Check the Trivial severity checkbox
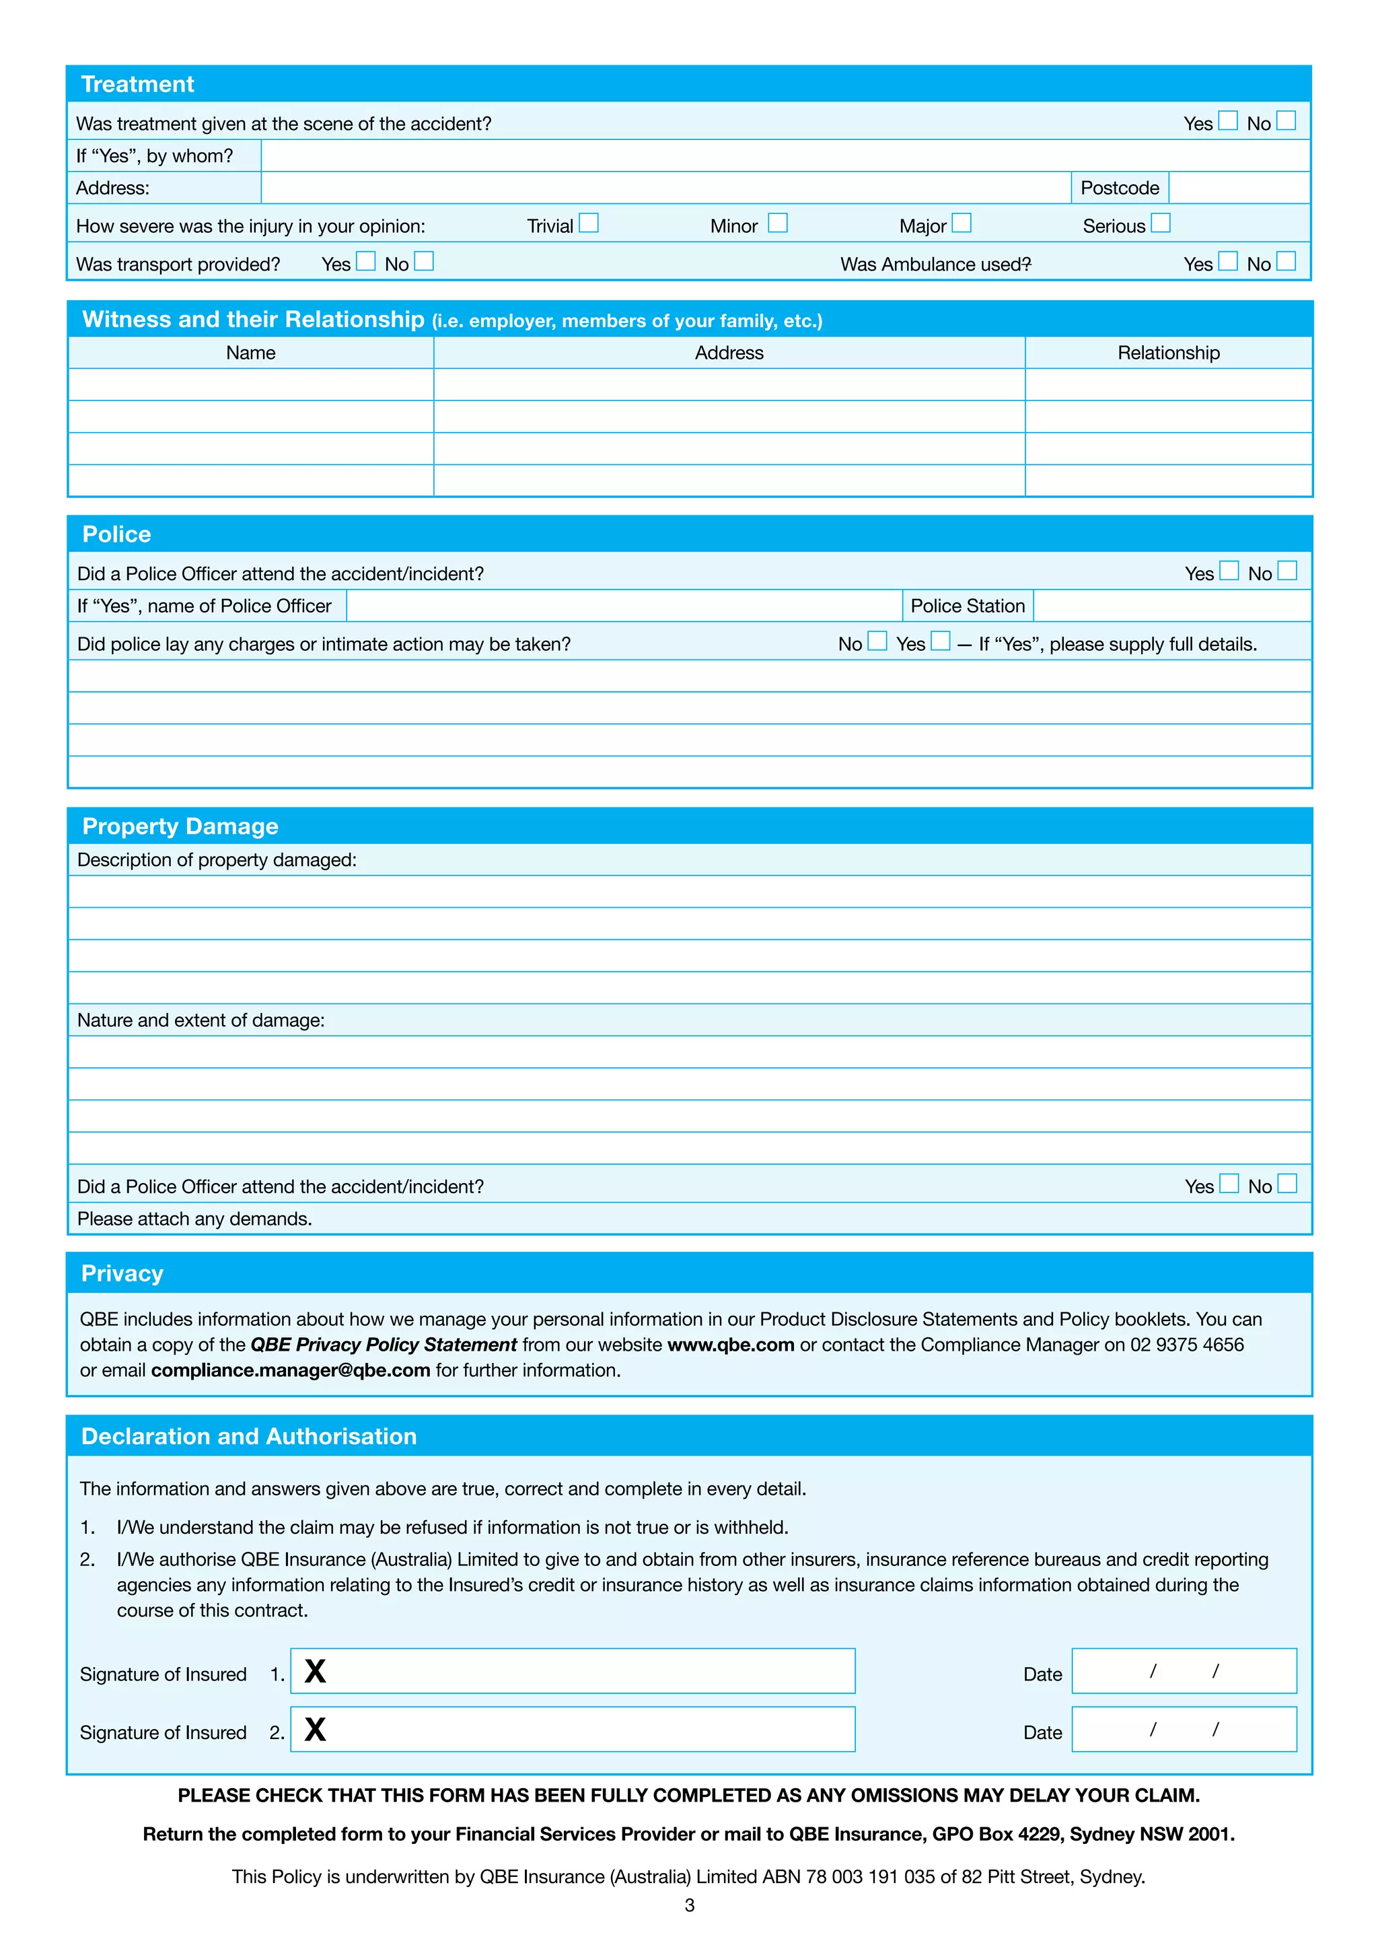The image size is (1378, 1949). [589, 223]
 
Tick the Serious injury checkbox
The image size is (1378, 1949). [1161, 223]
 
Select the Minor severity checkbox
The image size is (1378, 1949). [778, 223]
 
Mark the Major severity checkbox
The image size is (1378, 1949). [962, 223]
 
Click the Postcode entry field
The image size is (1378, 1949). [1239, 188]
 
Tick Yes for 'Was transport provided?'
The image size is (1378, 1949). [366, 261]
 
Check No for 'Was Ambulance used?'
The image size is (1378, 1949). [1286, 261]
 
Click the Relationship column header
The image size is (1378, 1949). [1169, 353]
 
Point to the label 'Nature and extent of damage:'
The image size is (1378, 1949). [201, 1020]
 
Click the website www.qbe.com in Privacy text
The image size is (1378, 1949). [731, 1345]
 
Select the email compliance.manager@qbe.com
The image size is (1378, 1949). [290, 1370]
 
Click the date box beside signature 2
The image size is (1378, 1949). [1184, 1729]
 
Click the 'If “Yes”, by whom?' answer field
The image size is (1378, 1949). [785, 156]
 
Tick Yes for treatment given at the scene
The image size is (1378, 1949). [1228, 120]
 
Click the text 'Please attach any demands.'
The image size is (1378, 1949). [194, 1219]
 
